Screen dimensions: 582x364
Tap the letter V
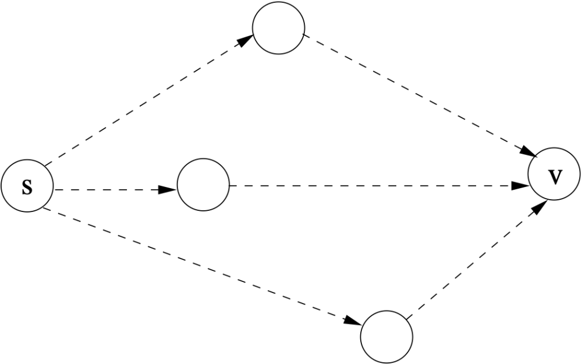(555, 177)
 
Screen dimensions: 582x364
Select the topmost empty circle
(278, 28)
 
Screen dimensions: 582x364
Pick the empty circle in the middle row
(203, 185)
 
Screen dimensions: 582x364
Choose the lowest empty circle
(386, 337)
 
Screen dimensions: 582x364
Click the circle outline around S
(1, 186)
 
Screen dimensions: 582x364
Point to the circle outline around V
(528, 174)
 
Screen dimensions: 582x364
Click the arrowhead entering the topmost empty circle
(246, 40)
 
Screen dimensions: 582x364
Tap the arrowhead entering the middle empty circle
(168, 189)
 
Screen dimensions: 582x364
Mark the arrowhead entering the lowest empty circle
(353, 320)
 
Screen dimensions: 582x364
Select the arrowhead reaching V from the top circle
(528, 151)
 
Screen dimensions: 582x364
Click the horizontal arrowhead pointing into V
(520, 185)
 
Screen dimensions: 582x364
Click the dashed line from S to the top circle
(148, 100)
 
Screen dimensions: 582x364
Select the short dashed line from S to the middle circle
(115, 189)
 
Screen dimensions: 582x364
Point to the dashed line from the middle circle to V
(379, 185)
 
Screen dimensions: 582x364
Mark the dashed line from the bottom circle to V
(477, 260)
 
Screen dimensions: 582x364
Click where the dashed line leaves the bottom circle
(406, 319)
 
